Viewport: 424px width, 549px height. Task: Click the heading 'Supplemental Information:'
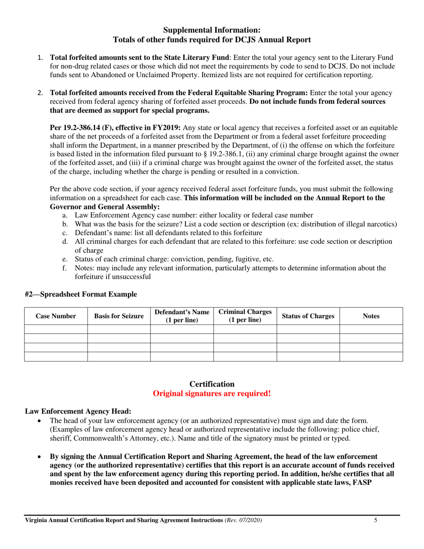point(212,30)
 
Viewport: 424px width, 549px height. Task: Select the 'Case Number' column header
point(56,316)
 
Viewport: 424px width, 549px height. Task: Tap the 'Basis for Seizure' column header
point(119,316)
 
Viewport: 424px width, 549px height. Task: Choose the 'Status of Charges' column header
point(308,316)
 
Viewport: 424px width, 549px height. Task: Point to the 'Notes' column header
point(371,316)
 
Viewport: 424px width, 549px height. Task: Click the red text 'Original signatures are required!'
point(212,394)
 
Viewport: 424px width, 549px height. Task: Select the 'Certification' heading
point(212,384)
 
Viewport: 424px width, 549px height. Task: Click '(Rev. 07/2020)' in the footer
point(243,520)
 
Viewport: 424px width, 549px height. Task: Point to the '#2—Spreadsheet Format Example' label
point(81,294)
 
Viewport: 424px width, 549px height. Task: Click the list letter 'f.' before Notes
point(65,268)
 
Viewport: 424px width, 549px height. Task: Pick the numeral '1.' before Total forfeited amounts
point(40,58)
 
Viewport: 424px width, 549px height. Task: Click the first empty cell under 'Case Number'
point(56,329)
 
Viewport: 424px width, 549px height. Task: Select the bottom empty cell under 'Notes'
point(371,356)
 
